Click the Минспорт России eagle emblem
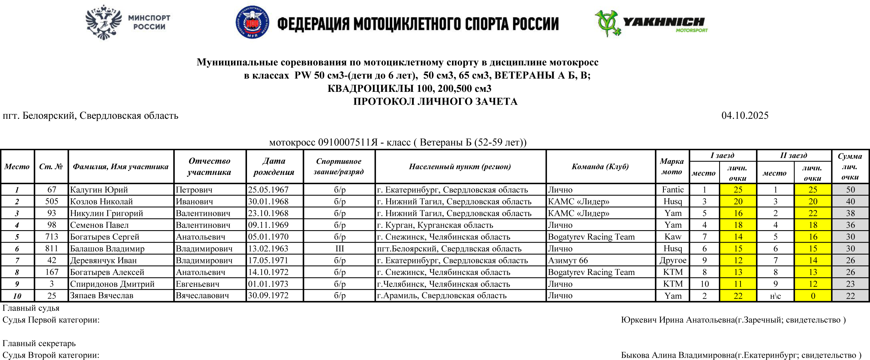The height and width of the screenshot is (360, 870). (103, 23)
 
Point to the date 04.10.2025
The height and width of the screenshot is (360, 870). (745, 115)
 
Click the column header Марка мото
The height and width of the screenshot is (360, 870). (671, 166)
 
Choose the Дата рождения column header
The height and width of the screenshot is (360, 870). (274, 166)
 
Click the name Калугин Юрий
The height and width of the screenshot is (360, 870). (99, 190)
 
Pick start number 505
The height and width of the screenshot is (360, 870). (51, 202)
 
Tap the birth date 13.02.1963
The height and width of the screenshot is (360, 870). (268, 249)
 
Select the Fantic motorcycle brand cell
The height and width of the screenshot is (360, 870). (672, 190)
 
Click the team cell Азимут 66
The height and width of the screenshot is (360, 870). (568, 261)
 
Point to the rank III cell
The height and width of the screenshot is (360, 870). (339, 249)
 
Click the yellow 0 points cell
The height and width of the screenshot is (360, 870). (813, 296)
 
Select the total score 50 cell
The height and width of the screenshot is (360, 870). (850, 190)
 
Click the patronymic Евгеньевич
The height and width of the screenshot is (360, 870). (197, 284)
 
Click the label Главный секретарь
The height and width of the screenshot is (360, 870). (39, 344)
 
